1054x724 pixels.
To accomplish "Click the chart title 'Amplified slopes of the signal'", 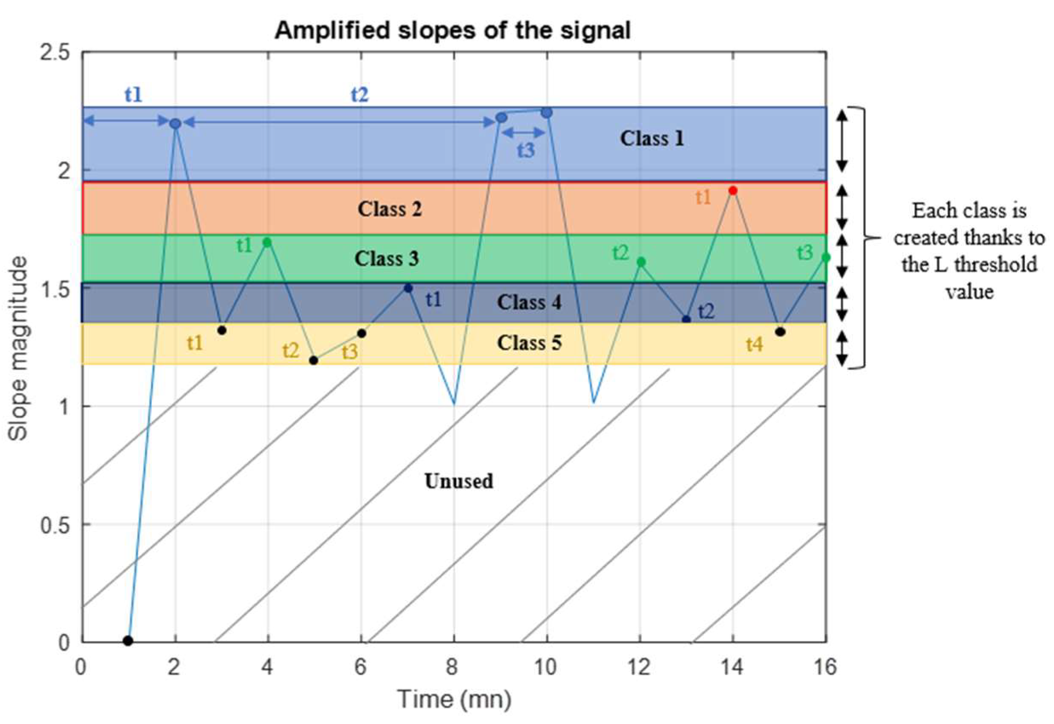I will pyautogui.click(x=452, y=31).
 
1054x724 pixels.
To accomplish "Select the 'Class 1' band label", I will pyautogui.click(x=652, y=138).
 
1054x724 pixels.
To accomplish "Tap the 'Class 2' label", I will pyautogui.click(x=390, y=209).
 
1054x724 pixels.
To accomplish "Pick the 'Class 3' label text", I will pyautogui.click(x=386, y=259).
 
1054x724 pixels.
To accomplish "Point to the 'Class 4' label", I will pyautogui.click(x=529, y=302).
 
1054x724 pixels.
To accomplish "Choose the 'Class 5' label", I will pyautogui.click(x=529, y=343).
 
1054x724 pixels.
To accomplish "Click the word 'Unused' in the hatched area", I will pyautogui.click(x=459, y=481).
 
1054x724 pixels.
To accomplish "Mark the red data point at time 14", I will pyautogui.click(x=732, y=190).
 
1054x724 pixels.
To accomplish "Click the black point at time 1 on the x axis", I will pyautogui.click(x=128, y=641).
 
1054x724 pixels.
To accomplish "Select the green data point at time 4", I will pyautogui.click(x=267, y=243).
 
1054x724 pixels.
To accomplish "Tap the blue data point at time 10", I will pyautogui.click(x=547, y=112).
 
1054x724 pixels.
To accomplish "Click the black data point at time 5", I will pyautogui.click(x=313, y=361).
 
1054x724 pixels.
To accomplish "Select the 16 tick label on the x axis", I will pyautogui.click(x=824, y=667).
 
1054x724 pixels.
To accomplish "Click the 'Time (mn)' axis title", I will pyautogui.click(x=454, y=699).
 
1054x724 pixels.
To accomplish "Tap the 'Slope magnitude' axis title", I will pyautogui.click(x=18, y=348).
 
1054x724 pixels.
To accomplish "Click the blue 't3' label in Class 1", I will pyautogui.click(x=526, y=150).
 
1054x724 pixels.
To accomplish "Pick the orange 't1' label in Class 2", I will pyautogui.click(x=703, y=197).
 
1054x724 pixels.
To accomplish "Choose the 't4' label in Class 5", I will pyautogui.click(x=754, y=345).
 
